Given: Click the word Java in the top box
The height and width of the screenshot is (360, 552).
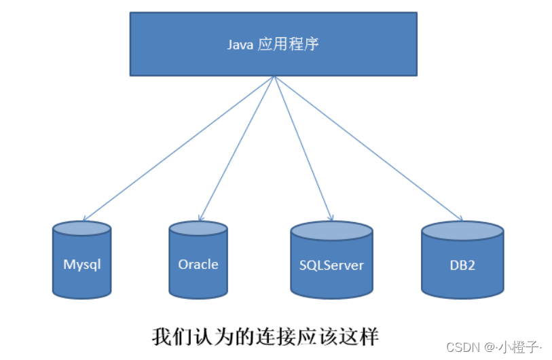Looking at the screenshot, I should (x=240, y=45).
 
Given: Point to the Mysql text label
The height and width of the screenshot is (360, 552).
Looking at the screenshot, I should (x=81, y=265).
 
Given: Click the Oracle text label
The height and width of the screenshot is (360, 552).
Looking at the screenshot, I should (x=198, y=264).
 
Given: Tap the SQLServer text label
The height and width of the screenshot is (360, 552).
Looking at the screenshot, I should (x=331, y=265).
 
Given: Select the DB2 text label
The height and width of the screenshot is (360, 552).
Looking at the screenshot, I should (x=462, y=265).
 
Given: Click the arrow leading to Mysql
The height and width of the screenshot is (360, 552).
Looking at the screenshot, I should (x=178, y=148).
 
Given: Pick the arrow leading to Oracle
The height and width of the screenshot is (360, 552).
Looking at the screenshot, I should (x=236, y=148).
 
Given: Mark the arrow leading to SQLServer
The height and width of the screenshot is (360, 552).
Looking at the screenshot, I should (x=303, y=148).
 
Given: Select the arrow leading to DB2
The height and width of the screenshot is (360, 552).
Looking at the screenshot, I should (x=368, y=148).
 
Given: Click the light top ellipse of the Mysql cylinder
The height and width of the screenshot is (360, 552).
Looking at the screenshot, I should (x=81, y=228).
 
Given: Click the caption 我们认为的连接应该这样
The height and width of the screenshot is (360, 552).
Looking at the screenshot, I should (x=264, y=336).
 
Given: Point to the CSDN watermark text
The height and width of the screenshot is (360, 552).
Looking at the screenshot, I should (x=463, y=346).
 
